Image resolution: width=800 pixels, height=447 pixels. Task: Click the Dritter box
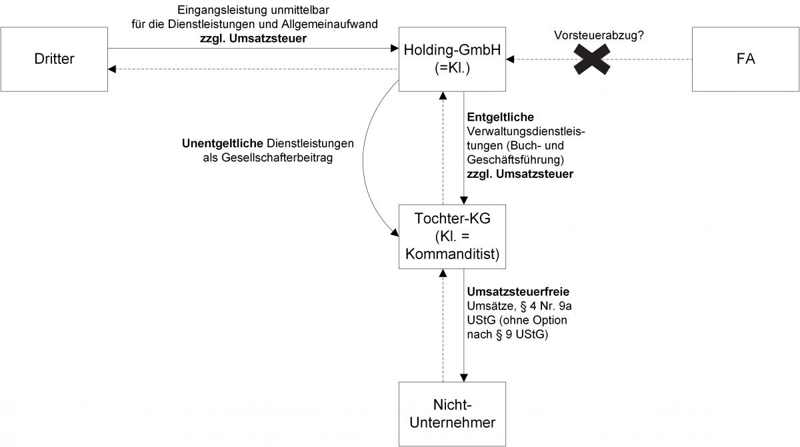pos(54,59)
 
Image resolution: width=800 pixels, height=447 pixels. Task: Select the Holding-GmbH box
pos(452,59)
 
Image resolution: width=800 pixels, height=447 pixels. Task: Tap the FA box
pos(745,59)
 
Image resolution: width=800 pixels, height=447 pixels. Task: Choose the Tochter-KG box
pos(452,236)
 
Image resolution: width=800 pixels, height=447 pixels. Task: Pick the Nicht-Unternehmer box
pos(452,413)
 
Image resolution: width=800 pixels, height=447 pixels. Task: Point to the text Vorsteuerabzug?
pos(599,35)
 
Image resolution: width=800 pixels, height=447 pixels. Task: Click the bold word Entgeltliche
pos(500,118)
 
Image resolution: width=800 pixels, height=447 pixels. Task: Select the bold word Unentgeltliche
pos(223,143)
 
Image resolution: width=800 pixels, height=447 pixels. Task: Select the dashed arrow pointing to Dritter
pos(253,69)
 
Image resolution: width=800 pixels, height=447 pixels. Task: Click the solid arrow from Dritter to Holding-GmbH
pos(253,49)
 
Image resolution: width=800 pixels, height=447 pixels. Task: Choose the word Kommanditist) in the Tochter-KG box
pos(452,254)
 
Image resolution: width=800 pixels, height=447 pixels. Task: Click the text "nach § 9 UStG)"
pos(507,334)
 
